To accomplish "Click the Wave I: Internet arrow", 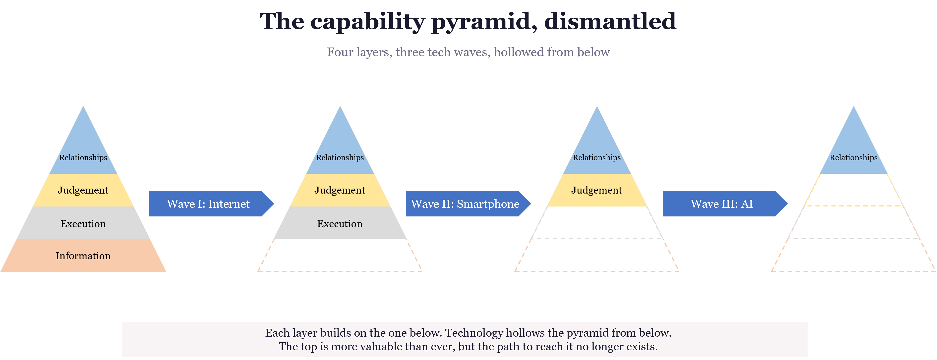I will [x=208, y=204].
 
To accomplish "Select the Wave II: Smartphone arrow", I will [x=465, y=204].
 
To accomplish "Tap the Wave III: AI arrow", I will [x=722, y=204].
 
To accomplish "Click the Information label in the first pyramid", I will [x=83, y=256].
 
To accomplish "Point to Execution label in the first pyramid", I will [x=83, y=224].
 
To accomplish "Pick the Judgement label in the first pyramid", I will [x=83, y=190].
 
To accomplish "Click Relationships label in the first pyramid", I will [x=83, y=157].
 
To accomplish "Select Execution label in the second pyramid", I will [x=340, y=224].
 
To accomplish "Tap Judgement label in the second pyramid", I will [x=340, y=190].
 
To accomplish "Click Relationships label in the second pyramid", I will [x=340, y=157].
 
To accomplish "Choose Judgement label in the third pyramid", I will [x=596, y=190].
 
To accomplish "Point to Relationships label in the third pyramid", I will [x=596, y=157].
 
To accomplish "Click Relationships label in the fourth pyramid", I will [x=853, y=157].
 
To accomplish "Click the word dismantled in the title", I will [x=610, y=21].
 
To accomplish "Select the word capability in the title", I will [x=367, y=21].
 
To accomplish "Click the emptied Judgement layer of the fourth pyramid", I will [x=853, y=190].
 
